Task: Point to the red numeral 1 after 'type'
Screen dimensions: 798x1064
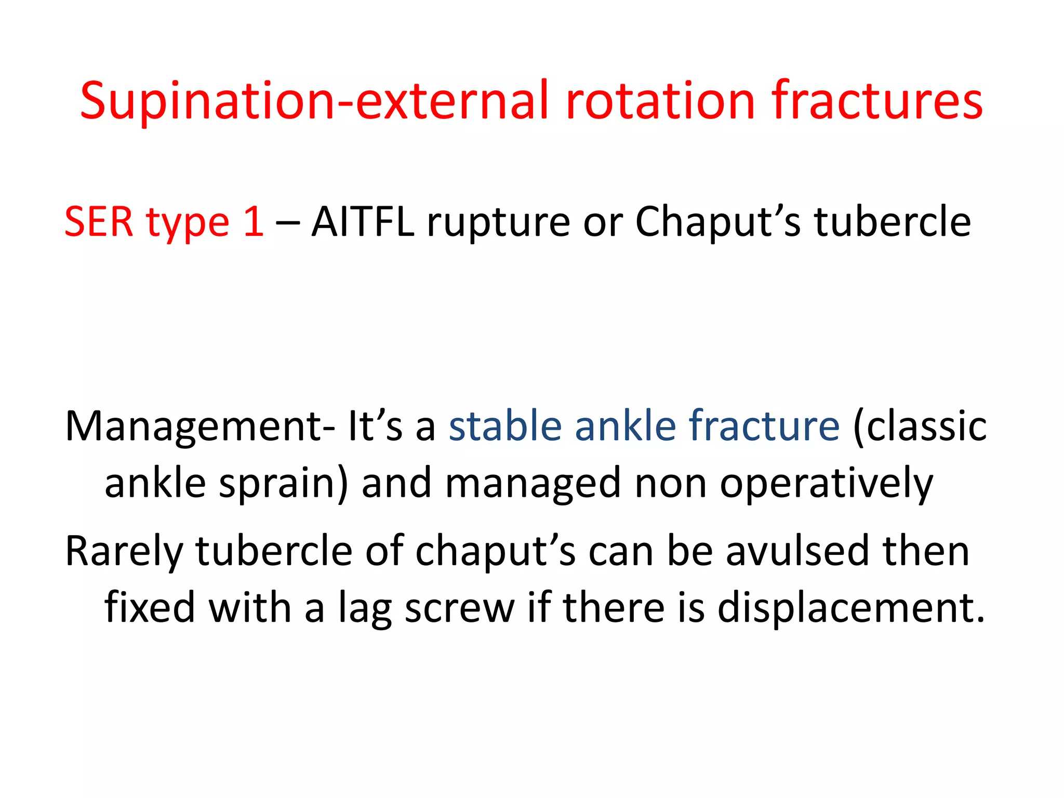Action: (254, 222)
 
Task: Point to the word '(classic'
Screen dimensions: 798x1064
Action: (920, 427)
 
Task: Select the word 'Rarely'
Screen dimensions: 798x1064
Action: (125, 552)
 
